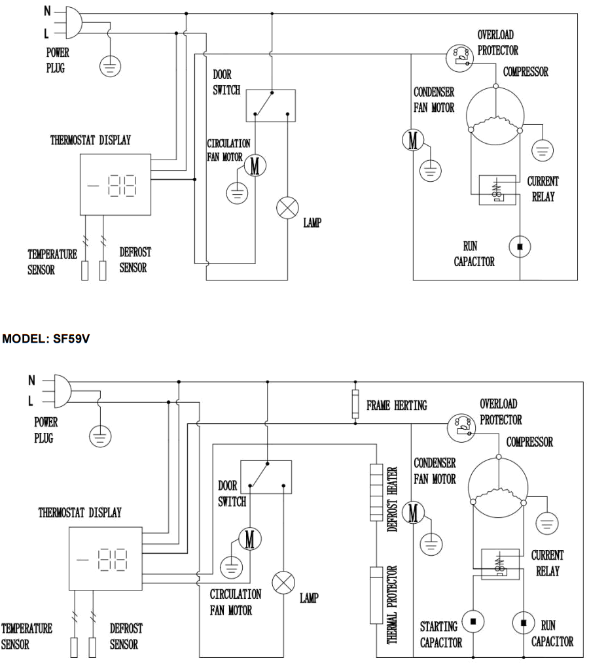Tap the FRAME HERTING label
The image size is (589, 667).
(x=397, y=405)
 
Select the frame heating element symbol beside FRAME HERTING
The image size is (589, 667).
(x=355, y=404)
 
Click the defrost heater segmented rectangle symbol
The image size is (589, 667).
(x=376, y=492)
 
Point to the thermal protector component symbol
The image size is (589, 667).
(x=376, y=595)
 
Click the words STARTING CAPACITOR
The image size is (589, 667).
(x=440, y=634)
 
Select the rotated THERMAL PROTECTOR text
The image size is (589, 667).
(x=393, y=604)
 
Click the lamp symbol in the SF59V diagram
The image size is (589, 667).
(x=283, y=582)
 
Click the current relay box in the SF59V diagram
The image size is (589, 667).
(x=500, y=563)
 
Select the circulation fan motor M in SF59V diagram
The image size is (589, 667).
(x=249, y=539)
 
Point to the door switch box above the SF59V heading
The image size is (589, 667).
(x=270, y=105)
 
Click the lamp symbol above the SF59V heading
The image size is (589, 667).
(x=286, y=209)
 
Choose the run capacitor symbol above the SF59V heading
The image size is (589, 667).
(x=520, y=247)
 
